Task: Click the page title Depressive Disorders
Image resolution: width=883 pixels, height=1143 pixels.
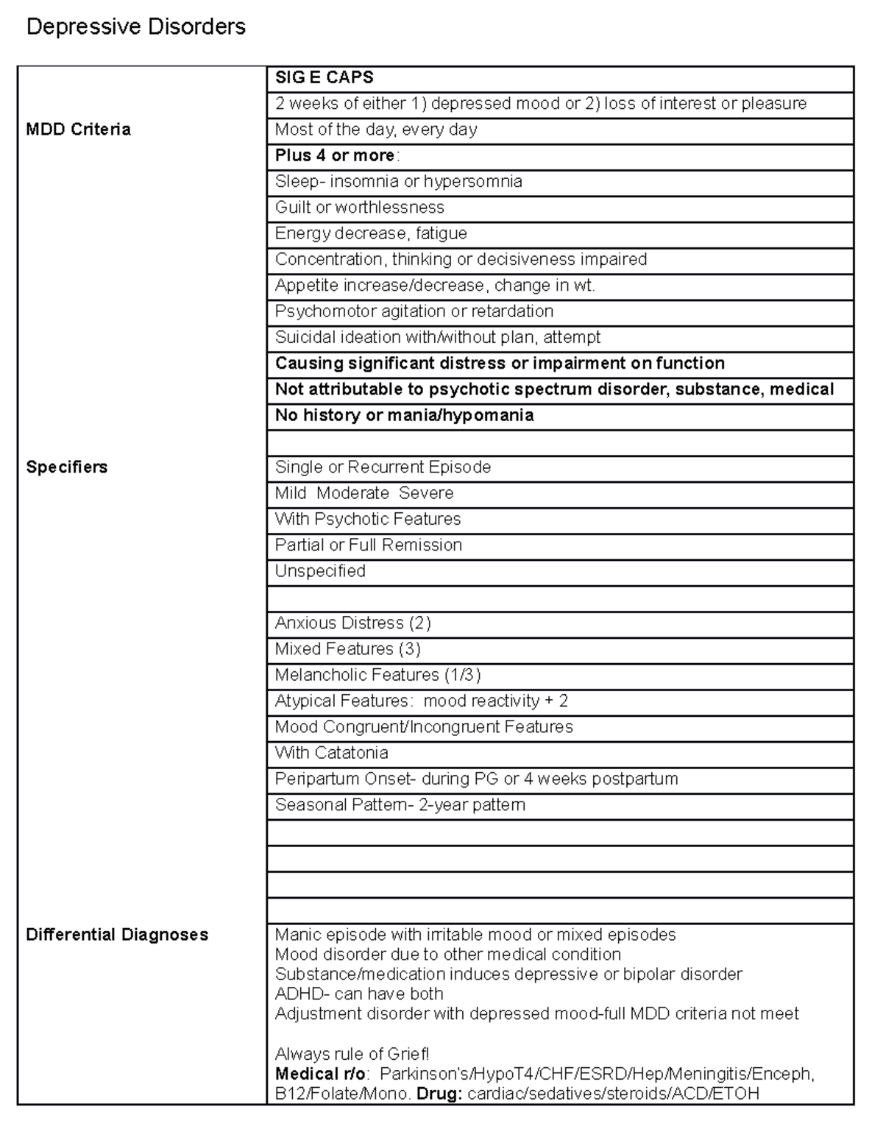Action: click(135, 27)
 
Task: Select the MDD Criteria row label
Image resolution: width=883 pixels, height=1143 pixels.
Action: click(78, 130)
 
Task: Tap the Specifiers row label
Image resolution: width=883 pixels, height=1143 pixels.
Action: click(66, 467)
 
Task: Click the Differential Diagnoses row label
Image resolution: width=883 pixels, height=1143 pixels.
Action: click(117, 935)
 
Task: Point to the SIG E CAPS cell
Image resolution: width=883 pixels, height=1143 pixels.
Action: click(324, 78)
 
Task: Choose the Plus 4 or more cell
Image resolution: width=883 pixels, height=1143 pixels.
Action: click(336, 156)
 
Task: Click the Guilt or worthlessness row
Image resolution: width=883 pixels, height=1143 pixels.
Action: click(359, 208)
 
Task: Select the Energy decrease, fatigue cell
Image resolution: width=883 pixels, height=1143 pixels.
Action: click(371, 234)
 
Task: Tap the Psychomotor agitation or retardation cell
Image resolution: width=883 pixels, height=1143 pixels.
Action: click(414, 311)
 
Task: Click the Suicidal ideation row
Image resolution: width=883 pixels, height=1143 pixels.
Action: click(437, 338)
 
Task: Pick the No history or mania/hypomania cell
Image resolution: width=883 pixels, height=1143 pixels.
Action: click(404, 416)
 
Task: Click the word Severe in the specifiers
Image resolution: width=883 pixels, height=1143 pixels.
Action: click(426, 493)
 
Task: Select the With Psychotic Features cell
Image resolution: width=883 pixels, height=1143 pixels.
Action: click(367, 520)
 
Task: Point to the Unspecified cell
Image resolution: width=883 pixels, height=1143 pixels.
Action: click(320, 571)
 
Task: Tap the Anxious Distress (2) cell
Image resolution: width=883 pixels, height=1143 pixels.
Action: click(352, 623)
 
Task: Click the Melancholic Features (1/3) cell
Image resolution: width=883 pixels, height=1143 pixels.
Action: click(377, 675)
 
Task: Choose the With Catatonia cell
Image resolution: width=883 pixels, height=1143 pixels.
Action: click(331, 753)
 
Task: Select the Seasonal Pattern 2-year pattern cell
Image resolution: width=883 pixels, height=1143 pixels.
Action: click(400, 805)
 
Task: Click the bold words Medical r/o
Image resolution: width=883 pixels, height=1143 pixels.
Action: click(319, 1075)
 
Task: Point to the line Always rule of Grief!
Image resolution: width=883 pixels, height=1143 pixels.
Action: click(352, 1054)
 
